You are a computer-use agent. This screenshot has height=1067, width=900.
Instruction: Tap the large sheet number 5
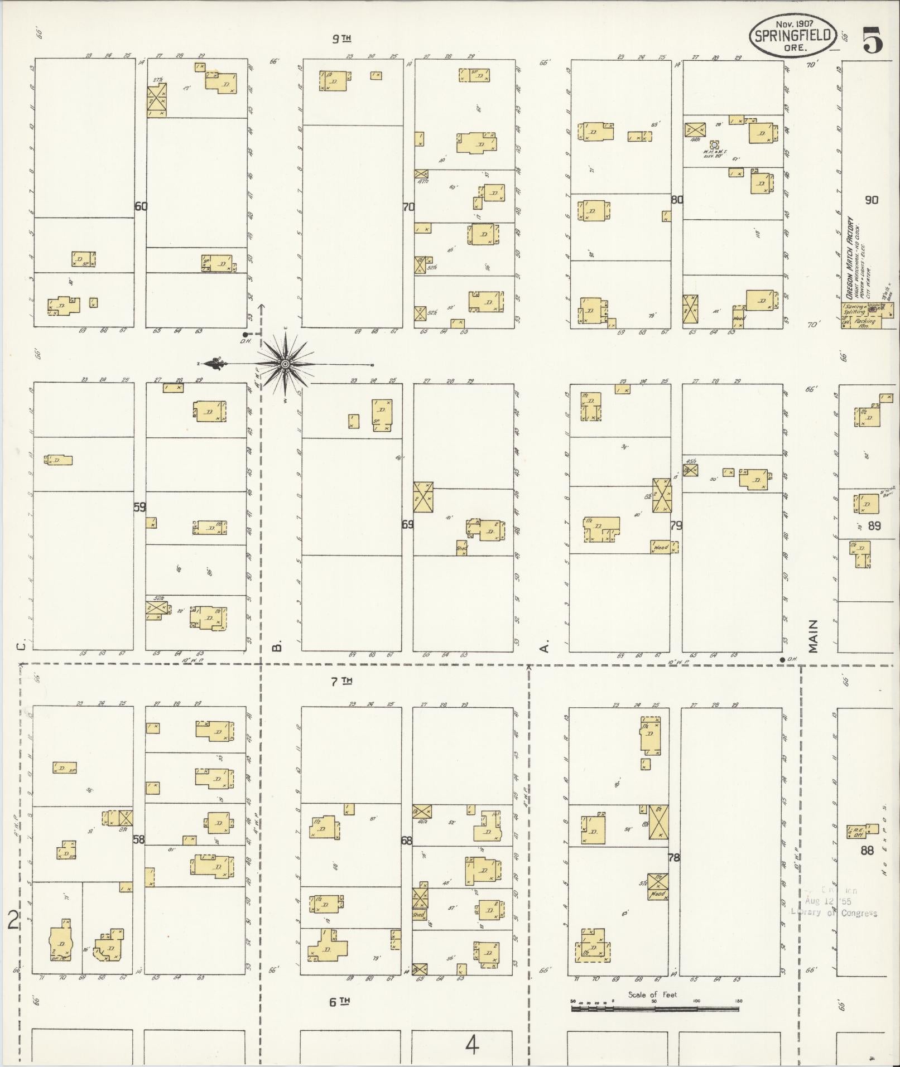[x=873, y=41]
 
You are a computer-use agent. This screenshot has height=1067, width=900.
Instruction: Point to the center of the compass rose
[x=285, y=364]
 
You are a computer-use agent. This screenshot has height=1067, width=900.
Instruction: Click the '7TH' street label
[x=340, y=680]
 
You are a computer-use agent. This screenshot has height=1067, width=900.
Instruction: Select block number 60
[x=141, y=206]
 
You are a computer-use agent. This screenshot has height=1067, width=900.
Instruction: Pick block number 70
[x=408, y=207]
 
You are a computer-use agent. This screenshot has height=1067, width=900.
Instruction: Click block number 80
[x=677, y=200]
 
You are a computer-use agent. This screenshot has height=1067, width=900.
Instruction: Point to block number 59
[x=139, y=508]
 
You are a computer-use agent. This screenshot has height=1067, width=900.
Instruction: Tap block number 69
[x=408, y=524]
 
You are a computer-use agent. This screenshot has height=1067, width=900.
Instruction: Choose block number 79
[x=676, y=525]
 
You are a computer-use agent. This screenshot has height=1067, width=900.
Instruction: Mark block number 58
[x=139, y=838]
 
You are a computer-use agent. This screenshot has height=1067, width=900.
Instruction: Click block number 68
[x=407, y=840]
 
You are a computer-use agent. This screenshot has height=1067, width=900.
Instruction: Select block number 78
[x=674, y=857]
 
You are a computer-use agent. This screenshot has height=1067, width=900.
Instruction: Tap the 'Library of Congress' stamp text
[x=834, y=913]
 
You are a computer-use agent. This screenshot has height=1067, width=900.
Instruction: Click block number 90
[x=871, y=200]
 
